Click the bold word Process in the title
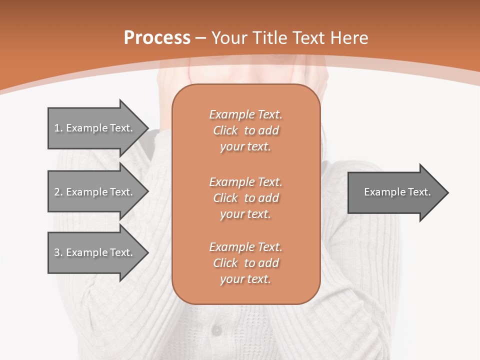click(x=157, y=38)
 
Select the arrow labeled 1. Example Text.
click(x=94, y=128)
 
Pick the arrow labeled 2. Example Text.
click(x=94, y=192)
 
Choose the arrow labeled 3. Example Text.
click(x=94, y=252)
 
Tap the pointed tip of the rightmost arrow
click(x=447, y=192)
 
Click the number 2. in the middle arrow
click(x=58, y=192)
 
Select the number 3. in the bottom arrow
click(x=58, y=252)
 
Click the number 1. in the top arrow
click(x=58, y=128)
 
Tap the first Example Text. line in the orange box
click(x=246, y=114)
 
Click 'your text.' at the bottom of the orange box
click(x=245, y=279)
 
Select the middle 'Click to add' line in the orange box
click(x=246, y=198)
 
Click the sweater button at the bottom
click(x=216, y=330)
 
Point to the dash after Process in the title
click(x=201, y=38)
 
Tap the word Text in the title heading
click(x=307, y=38)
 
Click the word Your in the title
click(x=230, y=38)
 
